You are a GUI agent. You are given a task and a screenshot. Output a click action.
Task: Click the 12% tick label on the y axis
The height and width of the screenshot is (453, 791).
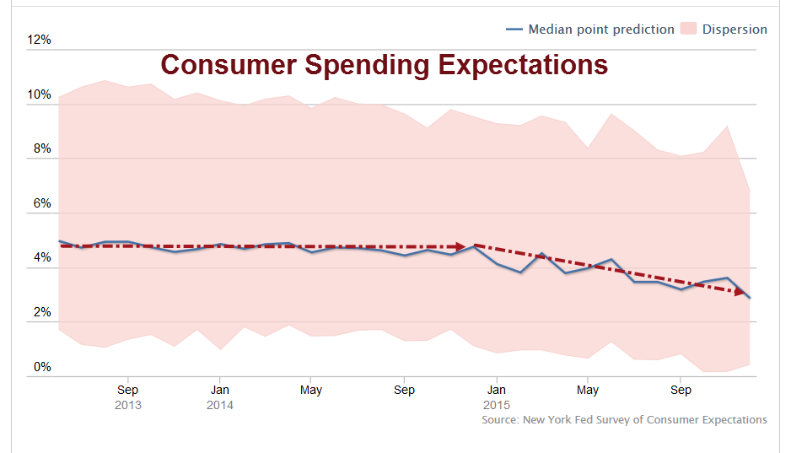coord(40,40)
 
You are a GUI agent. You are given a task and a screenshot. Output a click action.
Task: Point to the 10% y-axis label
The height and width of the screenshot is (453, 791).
coord(40,94)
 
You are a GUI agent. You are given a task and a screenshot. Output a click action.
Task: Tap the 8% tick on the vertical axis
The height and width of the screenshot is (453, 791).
coord(42,149)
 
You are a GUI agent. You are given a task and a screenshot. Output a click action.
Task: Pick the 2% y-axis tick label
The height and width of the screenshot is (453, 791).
coord(42,313)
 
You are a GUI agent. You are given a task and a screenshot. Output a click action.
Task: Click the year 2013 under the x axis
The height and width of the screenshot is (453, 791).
coord(127,405)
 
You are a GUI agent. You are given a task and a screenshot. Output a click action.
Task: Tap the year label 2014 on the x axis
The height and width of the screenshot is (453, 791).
coord(220,405)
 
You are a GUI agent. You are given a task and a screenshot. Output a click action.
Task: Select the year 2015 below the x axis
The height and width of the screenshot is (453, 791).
coord(497,405)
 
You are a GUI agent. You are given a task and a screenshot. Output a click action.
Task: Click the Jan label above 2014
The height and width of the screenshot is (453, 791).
coord(220,391)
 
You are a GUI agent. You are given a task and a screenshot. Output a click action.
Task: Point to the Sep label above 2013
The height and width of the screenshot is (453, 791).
coord(127,391)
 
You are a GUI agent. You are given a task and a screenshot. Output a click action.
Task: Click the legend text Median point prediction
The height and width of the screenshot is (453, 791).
coord(600,30)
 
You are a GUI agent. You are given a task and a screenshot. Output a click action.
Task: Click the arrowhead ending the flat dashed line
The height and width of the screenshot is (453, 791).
coord(460,247)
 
